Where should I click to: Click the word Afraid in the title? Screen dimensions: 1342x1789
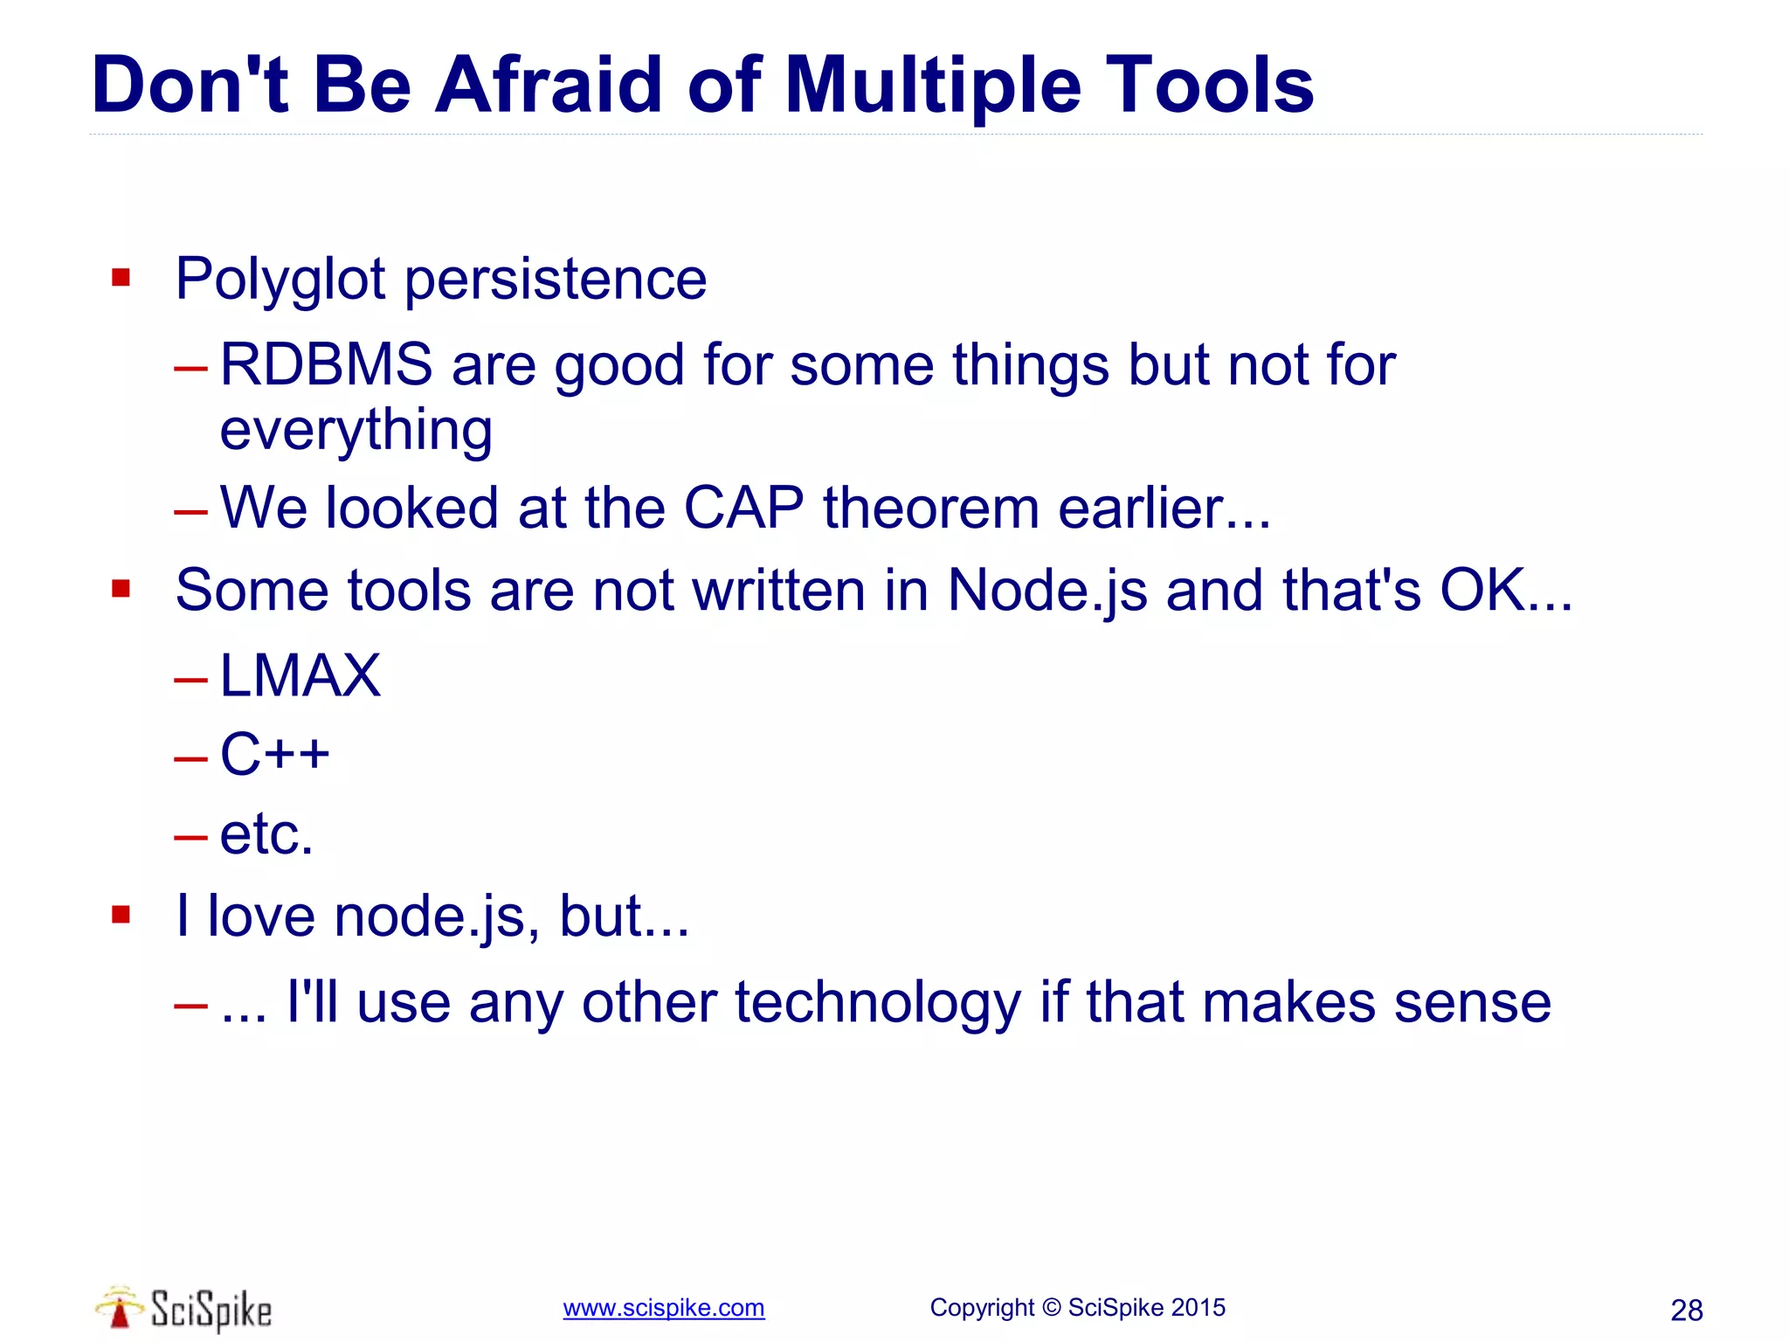pyautogui.click(x=549, y=85)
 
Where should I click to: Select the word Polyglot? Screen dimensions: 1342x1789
pyautogui.click(x=280, y=280)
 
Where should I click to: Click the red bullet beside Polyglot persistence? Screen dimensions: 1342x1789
pyautogui.click(x=121, y=279)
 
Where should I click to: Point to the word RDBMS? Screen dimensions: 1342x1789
pyautogui.click(x=326, y=364)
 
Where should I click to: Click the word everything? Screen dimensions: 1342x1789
pyautogui.click(x=356, y=430)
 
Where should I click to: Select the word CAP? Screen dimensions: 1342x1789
pyautogui.click(x=743, y=508)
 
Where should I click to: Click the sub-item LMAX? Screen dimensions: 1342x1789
pyautogui.click(x=300, y=675)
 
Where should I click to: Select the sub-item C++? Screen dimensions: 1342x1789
pyautogui.click(x=274, y=754)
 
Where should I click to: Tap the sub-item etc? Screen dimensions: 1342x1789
pyautogui.click(x=266, y=834)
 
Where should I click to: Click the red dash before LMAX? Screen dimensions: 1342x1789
pyautogui.click(x=190, y=679)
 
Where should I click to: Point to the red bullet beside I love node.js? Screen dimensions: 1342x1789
pyautogui.click(x=121, y=915)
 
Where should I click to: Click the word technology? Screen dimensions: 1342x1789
pyautogui.click(x=877, y=1002)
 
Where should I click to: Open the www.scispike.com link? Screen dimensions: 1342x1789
pyautogui.click(x=663, y=1308)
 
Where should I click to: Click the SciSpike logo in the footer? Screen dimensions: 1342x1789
pyautogui.click(x=183, y=1308)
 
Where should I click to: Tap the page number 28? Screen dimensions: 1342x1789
pyautogui.click(x=1686, y=1311)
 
